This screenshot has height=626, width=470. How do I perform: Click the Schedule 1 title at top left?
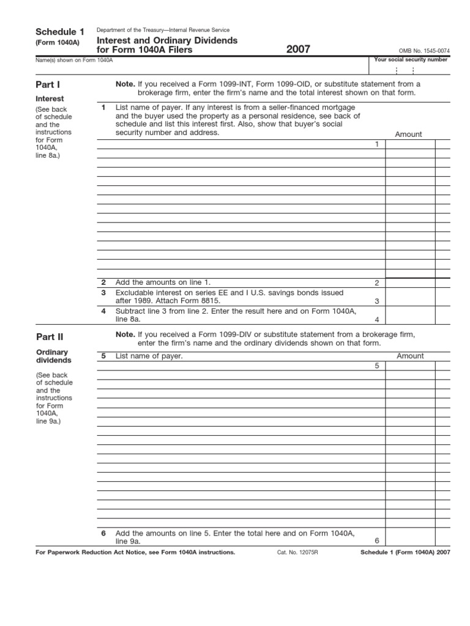click(x=59, y=32)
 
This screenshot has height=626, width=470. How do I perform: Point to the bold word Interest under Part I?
click(x=50, y=98)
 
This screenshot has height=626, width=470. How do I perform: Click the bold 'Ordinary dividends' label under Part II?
click(x=53, y=356)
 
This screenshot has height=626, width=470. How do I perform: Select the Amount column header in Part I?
click(x=408, y=134)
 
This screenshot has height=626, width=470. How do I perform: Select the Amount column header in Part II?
click(x=410, y=356)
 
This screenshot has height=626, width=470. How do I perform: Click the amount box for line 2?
click(x=410, y=283)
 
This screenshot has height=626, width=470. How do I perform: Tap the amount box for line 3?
click(x=410, y=297)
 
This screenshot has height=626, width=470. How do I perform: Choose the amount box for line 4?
click(x=410, y=315)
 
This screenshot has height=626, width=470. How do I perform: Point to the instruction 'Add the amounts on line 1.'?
click(x=163, y=282)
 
